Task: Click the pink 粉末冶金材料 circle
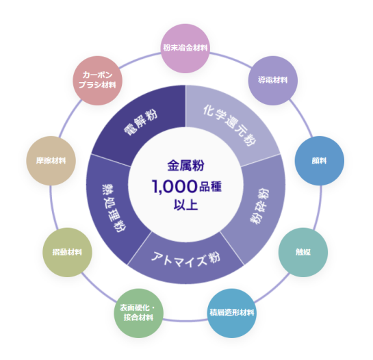point(185,49)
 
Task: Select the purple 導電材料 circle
point(273,81)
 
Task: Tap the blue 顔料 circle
point(319,161)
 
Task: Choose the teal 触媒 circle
point(303,253)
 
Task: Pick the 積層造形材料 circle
point(232,313)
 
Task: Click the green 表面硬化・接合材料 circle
point(139,313)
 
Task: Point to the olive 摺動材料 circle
point(67,253)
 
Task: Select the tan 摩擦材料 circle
point(51,161)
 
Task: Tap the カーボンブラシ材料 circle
point(98,81)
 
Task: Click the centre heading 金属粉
point(185,166)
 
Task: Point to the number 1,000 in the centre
point(175,187)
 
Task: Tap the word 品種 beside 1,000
point(210,187)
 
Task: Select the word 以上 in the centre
point(185,205)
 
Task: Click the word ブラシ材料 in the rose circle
point(97,85)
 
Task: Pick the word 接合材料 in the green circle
point(138,318)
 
